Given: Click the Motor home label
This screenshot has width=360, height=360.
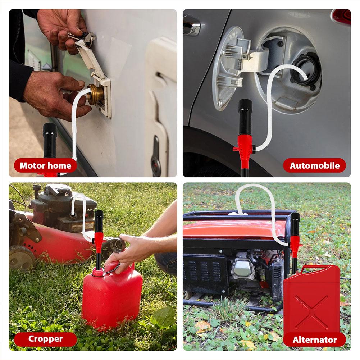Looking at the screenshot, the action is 45,165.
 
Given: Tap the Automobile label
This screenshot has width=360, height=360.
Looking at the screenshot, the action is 314,165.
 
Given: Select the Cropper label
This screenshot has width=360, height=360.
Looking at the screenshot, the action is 45,339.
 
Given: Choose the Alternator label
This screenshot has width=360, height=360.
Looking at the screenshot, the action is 315,340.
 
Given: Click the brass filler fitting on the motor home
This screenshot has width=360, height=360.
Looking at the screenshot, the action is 96,94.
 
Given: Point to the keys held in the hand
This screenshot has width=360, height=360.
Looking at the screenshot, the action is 84,38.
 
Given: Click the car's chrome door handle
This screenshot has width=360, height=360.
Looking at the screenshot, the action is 192,26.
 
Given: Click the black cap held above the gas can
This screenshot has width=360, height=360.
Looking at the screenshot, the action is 117,245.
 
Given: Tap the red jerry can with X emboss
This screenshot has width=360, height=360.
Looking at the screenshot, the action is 312,301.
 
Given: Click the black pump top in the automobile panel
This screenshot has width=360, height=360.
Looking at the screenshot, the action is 245,117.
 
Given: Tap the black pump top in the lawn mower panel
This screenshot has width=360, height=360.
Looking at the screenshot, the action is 99,221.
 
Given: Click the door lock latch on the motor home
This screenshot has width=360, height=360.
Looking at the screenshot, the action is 156,156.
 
